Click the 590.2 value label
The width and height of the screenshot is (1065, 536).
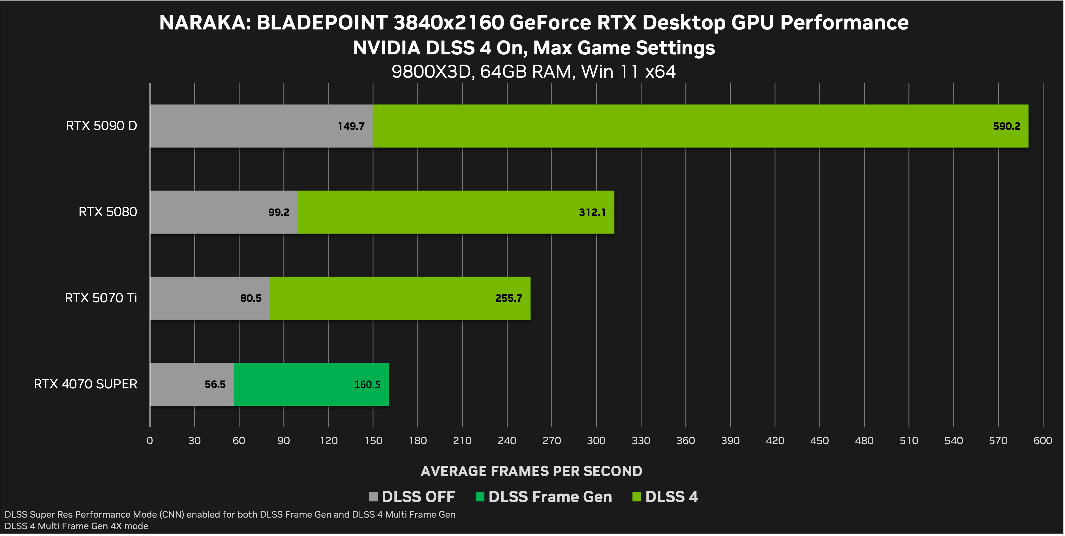pyautogui.click(x=1006, y=126)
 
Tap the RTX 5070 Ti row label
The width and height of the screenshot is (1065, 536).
pyautogui.click(x=100, y=298)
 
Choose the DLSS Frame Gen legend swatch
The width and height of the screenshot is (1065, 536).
pyautogui.click(x=480, y=497)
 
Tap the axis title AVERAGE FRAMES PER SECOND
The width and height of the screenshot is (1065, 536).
pyautogui.click(x=531, y=471)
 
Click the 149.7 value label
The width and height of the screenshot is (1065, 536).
pyautogui.click(x=351, y=126)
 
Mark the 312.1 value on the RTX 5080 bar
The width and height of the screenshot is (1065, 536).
pyautogui.click(x=592, y=212)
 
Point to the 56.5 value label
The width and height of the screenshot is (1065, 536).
pyautogui.click(x=215, y=384)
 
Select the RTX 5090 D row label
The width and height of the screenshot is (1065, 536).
pyautogui.click(x=101, y=126)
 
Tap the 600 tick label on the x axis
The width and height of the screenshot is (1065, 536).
pyautogui.click(x=1043, y=441)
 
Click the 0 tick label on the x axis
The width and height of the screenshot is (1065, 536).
pyautogui.click(x=150, y=441)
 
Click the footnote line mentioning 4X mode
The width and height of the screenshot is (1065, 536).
pyautogui.click(x=76, y=526)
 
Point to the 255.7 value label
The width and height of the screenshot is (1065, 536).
pyautogui.click(x=508, y=298)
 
